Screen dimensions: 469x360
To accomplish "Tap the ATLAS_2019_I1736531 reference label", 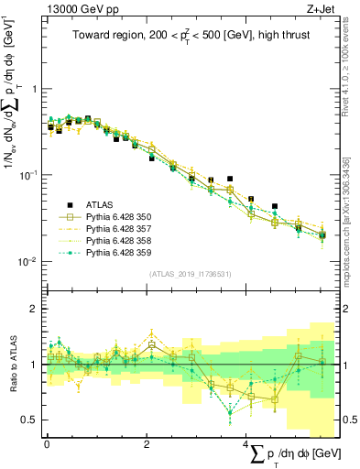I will tap(190, 274).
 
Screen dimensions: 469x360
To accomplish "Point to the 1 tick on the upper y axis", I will tap(35, 89).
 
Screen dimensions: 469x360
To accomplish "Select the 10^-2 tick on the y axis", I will tap(30, 261).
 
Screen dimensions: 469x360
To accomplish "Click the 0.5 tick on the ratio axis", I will tap(31, 420).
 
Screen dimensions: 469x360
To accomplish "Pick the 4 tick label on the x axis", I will tap(245, 442).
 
